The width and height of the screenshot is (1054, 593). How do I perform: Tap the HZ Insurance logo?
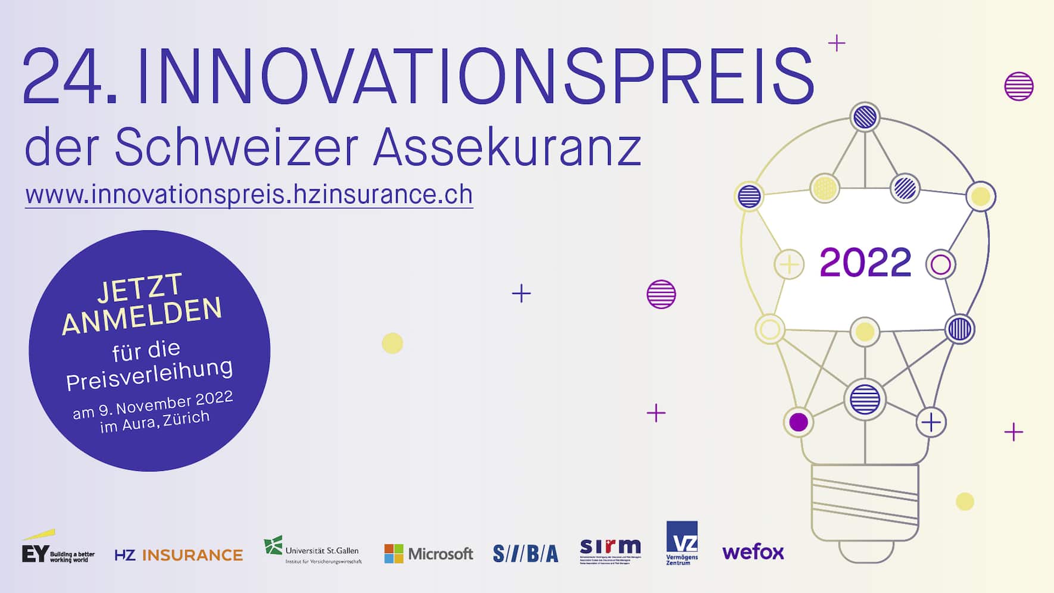click(179, 555)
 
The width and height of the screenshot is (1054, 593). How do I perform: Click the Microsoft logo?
click(428, 554)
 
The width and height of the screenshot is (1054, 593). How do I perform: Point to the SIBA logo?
click(525, 554)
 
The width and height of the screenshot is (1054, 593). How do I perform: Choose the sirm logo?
click(610, 550)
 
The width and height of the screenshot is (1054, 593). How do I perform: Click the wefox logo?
click(753, 552)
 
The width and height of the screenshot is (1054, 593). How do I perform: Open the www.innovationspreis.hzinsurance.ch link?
click(249, 195)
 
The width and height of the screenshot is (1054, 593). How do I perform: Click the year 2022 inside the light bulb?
click(865, 263)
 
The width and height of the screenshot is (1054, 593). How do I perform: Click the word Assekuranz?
click(507, 147)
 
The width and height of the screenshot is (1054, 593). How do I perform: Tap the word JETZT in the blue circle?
click(139, 288)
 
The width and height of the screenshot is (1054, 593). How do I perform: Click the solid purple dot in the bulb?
click(798, 422)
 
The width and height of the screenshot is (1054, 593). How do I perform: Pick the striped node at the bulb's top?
click(865, 117)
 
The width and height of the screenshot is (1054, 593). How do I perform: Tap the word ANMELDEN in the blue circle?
click(142, 316)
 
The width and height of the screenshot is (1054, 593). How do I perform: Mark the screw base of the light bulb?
click(865, 503)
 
